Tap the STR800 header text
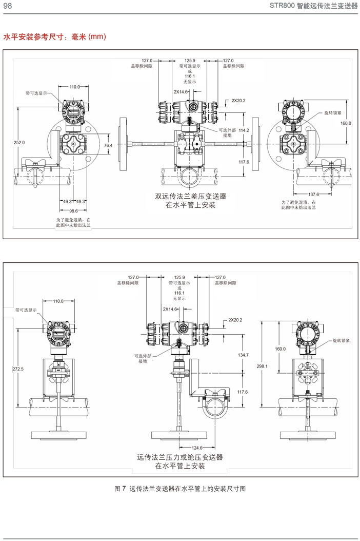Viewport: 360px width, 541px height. point(313,6)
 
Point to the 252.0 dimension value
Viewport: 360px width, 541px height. point(18,142)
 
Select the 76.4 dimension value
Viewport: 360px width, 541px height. point(108,146)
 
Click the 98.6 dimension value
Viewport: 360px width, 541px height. point(73,211)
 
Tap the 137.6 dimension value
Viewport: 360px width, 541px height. point(314,194)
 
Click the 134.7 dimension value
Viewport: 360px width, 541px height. point(243,355)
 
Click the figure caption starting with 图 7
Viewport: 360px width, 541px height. point(179,489)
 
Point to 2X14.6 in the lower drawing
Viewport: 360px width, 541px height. point(170,310)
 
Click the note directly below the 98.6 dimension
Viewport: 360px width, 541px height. point(73,222)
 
